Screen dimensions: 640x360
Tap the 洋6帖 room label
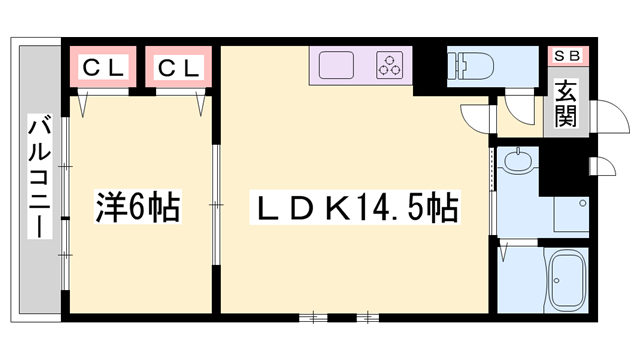(138, 208)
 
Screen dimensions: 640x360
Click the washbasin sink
(518, 160)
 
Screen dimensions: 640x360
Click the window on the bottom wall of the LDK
(341, 317)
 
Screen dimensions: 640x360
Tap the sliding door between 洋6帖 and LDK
(215, 205)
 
